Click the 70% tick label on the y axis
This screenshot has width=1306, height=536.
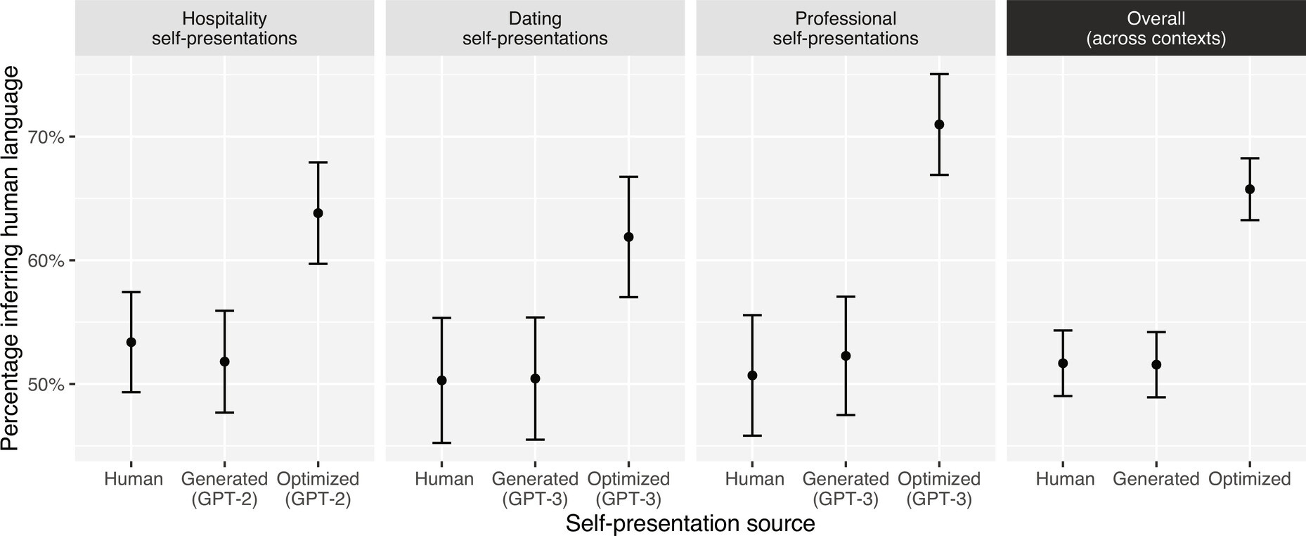[46, 136]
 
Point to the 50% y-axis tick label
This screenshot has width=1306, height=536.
[46, 385]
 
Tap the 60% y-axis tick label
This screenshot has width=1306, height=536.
[46, 261]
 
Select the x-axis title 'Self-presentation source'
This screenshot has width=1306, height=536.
[690, 523]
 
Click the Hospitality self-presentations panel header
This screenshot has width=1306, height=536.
[224, 28]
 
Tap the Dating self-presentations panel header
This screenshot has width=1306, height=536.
[535, 28]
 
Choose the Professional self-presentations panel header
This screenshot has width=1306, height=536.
[846, 28]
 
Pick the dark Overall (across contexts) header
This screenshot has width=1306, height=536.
[1156, 28]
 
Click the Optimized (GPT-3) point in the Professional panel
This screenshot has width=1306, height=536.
[939, 125]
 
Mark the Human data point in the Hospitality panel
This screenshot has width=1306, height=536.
[131, 342]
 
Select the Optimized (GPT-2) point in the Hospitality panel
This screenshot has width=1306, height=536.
[318, 213]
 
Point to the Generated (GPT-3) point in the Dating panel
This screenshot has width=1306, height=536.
[535, 378]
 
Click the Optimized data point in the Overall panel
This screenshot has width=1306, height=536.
[1250, 189]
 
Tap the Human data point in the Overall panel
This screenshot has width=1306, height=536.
[1063, 363]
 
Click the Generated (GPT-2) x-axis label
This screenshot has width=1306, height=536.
[224, 489]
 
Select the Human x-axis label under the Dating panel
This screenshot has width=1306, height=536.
[444, 479]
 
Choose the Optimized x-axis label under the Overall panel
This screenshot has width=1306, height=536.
[1250, 479]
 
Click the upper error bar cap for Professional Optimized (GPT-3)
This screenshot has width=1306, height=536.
[939, 74]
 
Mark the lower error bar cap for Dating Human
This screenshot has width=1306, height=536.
[441, 442]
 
